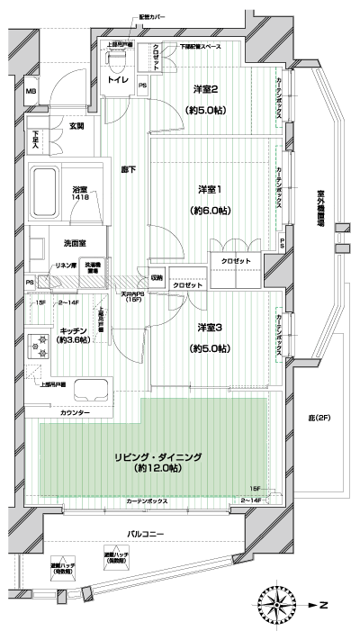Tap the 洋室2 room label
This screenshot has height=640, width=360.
coord(206,89)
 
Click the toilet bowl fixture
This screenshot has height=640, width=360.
coord(113,66)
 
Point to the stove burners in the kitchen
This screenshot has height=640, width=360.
coord(40,345)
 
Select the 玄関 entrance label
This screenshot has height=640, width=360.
coord(77,126)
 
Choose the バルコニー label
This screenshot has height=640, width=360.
coord(145,535)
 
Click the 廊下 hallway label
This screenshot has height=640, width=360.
coord(128,169)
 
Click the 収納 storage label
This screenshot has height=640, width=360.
coord(157,278)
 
